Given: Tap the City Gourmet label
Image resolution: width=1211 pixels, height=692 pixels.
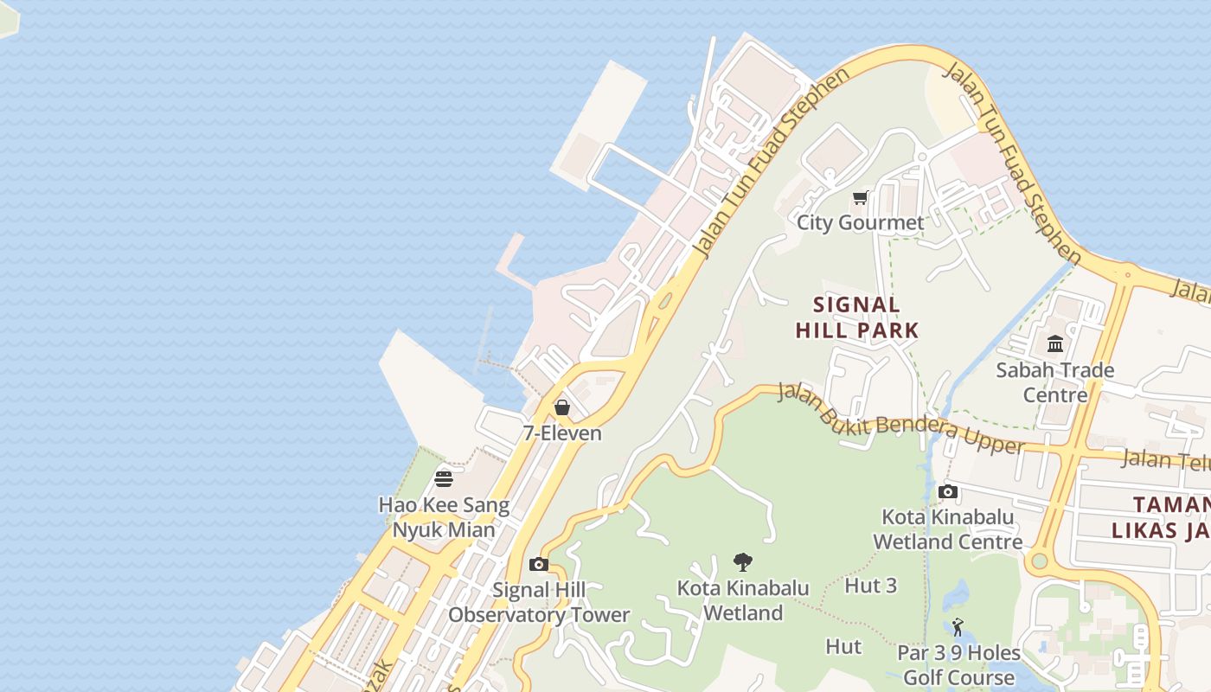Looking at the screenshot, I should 860,223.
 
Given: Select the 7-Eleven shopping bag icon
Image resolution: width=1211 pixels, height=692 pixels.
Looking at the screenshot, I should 562,407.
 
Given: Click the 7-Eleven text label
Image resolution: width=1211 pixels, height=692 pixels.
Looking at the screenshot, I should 562,432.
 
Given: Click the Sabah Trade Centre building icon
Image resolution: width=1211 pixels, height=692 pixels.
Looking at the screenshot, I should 1055,345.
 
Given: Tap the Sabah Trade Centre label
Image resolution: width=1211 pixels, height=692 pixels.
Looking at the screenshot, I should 1055,382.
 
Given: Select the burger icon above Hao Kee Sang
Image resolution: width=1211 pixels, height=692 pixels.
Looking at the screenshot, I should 444,478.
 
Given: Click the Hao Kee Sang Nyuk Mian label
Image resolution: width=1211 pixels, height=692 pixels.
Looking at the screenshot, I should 444,517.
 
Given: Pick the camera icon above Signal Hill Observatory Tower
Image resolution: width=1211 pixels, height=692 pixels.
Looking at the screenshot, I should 539,565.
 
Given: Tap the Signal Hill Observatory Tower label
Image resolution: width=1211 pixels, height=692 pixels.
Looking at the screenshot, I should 539,603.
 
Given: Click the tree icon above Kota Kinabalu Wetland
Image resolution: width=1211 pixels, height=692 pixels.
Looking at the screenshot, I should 742,562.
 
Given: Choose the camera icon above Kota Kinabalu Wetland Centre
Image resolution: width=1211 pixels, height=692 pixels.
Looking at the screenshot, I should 948,492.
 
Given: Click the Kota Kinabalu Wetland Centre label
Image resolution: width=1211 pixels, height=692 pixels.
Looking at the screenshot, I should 948,529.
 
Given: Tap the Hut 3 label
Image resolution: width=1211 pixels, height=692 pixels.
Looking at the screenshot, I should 870,586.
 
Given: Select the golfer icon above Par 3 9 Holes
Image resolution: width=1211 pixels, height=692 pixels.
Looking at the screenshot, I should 958,627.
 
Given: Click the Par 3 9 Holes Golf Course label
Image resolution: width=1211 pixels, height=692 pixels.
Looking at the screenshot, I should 958,664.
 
